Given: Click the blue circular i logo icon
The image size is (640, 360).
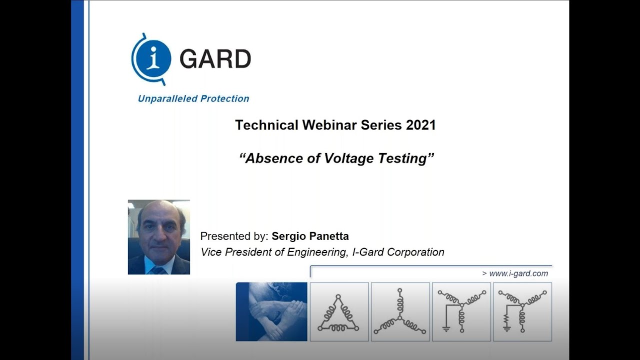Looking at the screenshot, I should click(151, 58).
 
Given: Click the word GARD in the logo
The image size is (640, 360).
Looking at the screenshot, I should click(215, 59).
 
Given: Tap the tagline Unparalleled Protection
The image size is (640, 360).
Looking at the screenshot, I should click(193, 98).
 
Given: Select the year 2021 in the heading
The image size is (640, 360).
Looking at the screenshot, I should click(420, 125).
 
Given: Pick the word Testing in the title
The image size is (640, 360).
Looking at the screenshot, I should click(406, 158).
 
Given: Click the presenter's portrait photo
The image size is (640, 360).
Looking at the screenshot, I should click(158, 237).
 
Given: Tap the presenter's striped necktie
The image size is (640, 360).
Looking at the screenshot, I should click(158, 270).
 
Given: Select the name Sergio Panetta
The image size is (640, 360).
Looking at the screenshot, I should click(310, 236).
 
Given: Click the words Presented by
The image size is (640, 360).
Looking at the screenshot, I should click(234, 236).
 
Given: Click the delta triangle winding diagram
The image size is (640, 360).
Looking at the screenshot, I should click(339, 312).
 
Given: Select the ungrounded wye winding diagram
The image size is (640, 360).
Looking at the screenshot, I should click(400, 312).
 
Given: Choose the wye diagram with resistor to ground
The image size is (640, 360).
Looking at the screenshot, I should click(522, 312).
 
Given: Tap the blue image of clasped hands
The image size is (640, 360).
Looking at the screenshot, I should click(271, 312).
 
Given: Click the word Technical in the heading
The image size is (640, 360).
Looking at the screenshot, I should click(266, 125).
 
